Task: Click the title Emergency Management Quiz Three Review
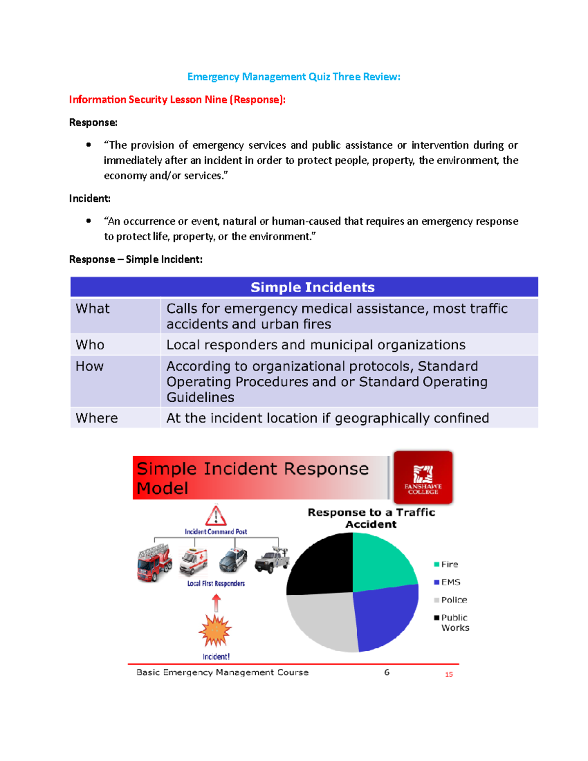click(x=294, y=77)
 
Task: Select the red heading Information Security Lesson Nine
click(x=177, y=99)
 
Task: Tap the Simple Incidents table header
click(x=312, y=287)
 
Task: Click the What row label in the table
click(x=93, y=309)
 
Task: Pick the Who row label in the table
click(x=90, y=345)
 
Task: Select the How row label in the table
click(x=90, y=367)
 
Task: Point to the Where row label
click(x=97, y=418)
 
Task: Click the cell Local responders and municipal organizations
click(x=316, y=345)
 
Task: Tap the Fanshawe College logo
click(x=423, y=477)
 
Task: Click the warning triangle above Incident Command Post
click(x=216, y=516)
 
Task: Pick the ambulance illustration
click(x=194, y=562)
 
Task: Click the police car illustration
click(x=233, y=561)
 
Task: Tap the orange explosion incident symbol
click(x=215, y=631)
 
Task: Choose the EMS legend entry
click(x=447, y=582)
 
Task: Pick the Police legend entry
click(x=450, y=600)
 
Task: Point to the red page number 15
click(x=449, y=675)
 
